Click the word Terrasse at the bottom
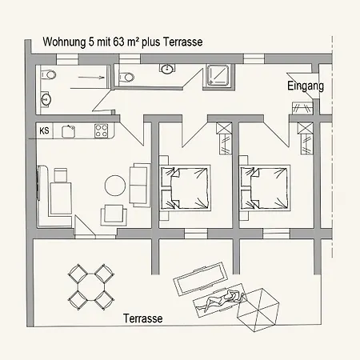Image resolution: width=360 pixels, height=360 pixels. point(143,318)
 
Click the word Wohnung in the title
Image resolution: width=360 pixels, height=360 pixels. point(62,42)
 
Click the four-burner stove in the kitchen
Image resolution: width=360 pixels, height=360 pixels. point(102,129)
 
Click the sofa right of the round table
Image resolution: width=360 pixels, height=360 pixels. point(139,183)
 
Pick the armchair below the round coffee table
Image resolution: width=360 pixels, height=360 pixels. point(111,214)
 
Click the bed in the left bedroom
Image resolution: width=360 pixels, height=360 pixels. point(185,187)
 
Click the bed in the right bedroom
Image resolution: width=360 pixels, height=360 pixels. point(263,187)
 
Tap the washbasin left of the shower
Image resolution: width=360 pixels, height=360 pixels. point(166,70)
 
